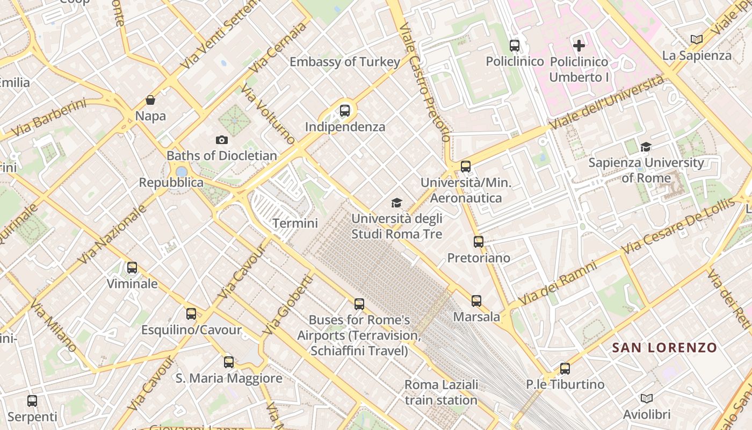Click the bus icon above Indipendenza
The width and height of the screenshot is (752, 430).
(345, 111)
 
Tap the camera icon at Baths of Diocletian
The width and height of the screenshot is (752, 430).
(221, 140)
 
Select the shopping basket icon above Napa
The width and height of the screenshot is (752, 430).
(150, 100)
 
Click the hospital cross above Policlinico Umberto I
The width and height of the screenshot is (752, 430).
(579, 46)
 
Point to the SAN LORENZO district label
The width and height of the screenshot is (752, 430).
(664, 348)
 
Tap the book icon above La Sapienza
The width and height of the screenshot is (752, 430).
(697, 39)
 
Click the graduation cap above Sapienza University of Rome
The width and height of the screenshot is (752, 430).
(646, 147)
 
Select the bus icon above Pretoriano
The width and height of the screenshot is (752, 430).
(479, 242)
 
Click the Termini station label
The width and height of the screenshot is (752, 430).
(295, 223)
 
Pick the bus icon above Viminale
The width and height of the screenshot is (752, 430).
(132, 268)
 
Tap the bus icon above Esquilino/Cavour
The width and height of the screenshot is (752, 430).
(191, 314)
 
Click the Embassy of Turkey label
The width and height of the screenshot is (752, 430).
(345, 62)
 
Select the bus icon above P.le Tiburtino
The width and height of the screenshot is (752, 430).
(565, 369)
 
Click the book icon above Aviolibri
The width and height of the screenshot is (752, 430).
(647, 398)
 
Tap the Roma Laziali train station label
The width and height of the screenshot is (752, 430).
(441, 392)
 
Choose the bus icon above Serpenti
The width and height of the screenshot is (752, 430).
(32, 400)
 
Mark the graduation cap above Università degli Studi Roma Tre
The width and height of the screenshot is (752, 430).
(396, 203)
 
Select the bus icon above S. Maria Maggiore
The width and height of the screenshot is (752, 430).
(229, 362)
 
